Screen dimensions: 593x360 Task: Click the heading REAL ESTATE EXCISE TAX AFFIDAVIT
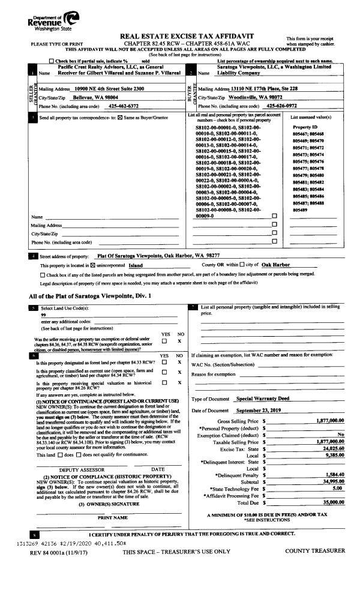(180, 37)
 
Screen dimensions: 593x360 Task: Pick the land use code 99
(44, 315)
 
